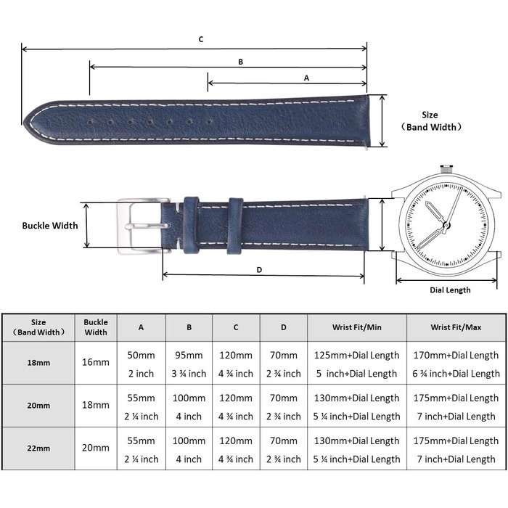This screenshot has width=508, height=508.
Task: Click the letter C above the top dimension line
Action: click(x=201, y=39)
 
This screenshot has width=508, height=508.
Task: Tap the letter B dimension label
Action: click(x=240, y=62)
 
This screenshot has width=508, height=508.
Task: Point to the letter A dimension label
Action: click(x=306, y=78)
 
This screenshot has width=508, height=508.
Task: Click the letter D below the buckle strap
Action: click(x=259, y=270)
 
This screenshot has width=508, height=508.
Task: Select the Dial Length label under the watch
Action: click(x=450, y=290)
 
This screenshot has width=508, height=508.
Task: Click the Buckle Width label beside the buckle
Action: click(x=50, y=226)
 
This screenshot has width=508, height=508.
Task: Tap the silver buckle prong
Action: click(x=147, y=226)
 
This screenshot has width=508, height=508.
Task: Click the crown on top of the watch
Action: click(x=446, y=169)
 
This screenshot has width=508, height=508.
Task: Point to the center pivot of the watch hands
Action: click(x=446, y=225)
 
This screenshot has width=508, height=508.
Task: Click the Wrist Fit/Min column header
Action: click(x=357, y=327)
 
